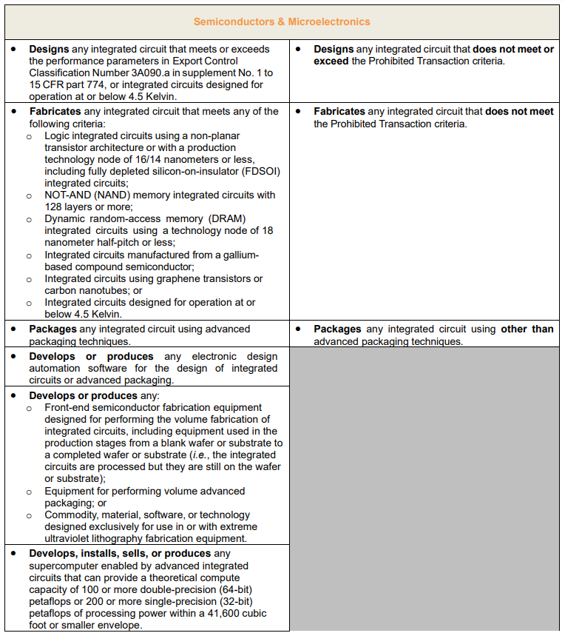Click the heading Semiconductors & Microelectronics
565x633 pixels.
282,21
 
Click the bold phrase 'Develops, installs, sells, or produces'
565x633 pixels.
121,554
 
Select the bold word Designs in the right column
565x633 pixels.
334,50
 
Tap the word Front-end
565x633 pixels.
67,407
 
